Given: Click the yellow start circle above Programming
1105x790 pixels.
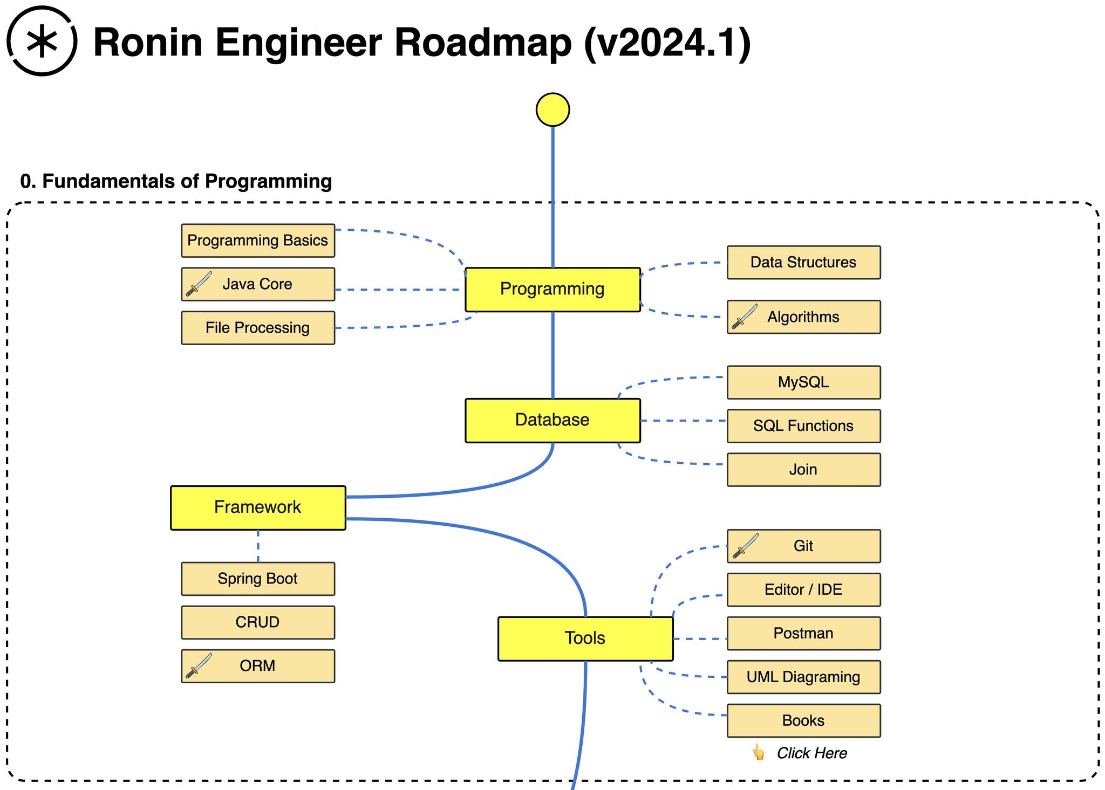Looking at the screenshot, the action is pos(552,109).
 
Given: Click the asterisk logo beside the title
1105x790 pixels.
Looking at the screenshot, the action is pos(42,41).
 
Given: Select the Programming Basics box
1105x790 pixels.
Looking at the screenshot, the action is pos(258,241).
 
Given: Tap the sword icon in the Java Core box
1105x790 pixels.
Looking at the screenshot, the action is pos(199,284).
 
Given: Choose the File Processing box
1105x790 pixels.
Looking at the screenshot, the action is pos(258,328).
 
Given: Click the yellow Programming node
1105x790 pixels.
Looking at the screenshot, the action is pos(552,290).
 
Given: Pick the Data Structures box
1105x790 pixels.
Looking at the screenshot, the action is pos(803,263).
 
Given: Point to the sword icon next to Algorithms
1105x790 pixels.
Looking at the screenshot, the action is pos(745,317).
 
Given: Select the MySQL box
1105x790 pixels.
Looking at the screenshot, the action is pos(803,382).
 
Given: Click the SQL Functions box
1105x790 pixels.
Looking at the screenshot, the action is pos(803,426).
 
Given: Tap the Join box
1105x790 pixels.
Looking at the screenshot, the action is pos(803,470).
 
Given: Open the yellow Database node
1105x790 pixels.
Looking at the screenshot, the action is pos(552,421).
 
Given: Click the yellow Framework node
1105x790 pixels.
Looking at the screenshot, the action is pos(258,508).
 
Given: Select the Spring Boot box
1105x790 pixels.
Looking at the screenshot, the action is pos(258,579).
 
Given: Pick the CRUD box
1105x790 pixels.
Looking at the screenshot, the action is pos(258,622).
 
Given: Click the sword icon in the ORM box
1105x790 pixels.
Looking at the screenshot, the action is pos(199,665).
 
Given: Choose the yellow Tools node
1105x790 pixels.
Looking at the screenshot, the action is pos(585,638).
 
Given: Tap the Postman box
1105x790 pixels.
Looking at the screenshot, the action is pos(803,633).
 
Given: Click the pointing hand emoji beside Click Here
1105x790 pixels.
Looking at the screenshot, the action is pos(759,752).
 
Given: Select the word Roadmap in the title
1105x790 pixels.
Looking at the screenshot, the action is pos(482,42).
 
